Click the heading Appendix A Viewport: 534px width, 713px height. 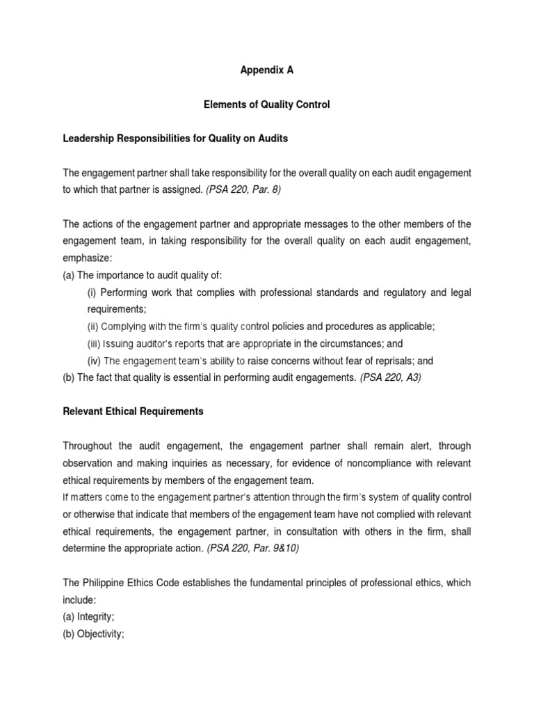[x=266, y=70]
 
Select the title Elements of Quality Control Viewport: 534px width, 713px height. [x=266, y=104]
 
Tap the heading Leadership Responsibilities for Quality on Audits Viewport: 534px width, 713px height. [x=175, y=139]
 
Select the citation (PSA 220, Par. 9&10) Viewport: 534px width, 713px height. [x=252, y=548]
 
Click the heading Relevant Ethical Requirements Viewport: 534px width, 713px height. [x=133, y=412]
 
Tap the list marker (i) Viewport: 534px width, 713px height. [x=92, y=292]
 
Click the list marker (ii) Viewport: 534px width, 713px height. [x=94, y=327]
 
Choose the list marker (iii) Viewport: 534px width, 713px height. [x=95, y=344]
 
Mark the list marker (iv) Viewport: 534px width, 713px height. [x=95, y=361]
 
